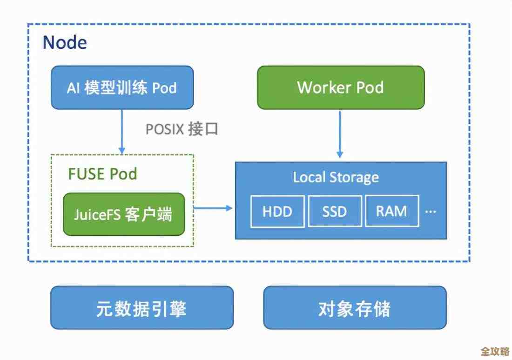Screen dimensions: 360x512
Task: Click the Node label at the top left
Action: coord(65,43)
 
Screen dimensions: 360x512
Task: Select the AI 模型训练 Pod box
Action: coord(122,87)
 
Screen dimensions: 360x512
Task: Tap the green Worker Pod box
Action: coord(341,87)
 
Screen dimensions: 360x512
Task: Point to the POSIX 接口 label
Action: coord(182,129)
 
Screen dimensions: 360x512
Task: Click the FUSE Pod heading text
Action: coord(102,174)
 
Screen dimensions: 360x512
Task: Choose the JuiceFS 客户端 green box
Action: coord(123,214)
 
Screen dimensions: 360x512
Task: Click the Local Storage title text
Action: coord(336,177)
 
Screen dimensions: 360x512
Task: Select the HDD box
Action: coord(277,211)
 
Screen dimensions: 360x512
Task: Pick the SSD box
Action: coord(335,211)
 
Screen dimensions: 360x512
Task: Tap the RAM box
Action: coord(391,211)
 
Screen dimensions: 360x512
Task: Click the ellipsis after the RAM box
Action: coord(431,212)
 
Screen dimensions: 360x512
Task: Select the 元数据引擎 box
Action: coord(141,308)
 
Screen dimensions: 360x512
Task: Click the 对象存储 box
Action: coord(355,308)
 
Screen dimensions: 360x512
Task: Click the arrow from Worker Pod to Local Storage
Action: coord(340,135)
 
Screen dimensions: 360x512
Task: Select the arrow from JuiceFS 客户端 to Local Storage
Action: coord(213,208)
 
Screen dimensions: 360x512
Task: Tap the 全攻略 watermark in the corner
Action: coord(494,350)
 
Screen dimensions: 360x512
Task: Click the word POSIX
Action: coord(164,129)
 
